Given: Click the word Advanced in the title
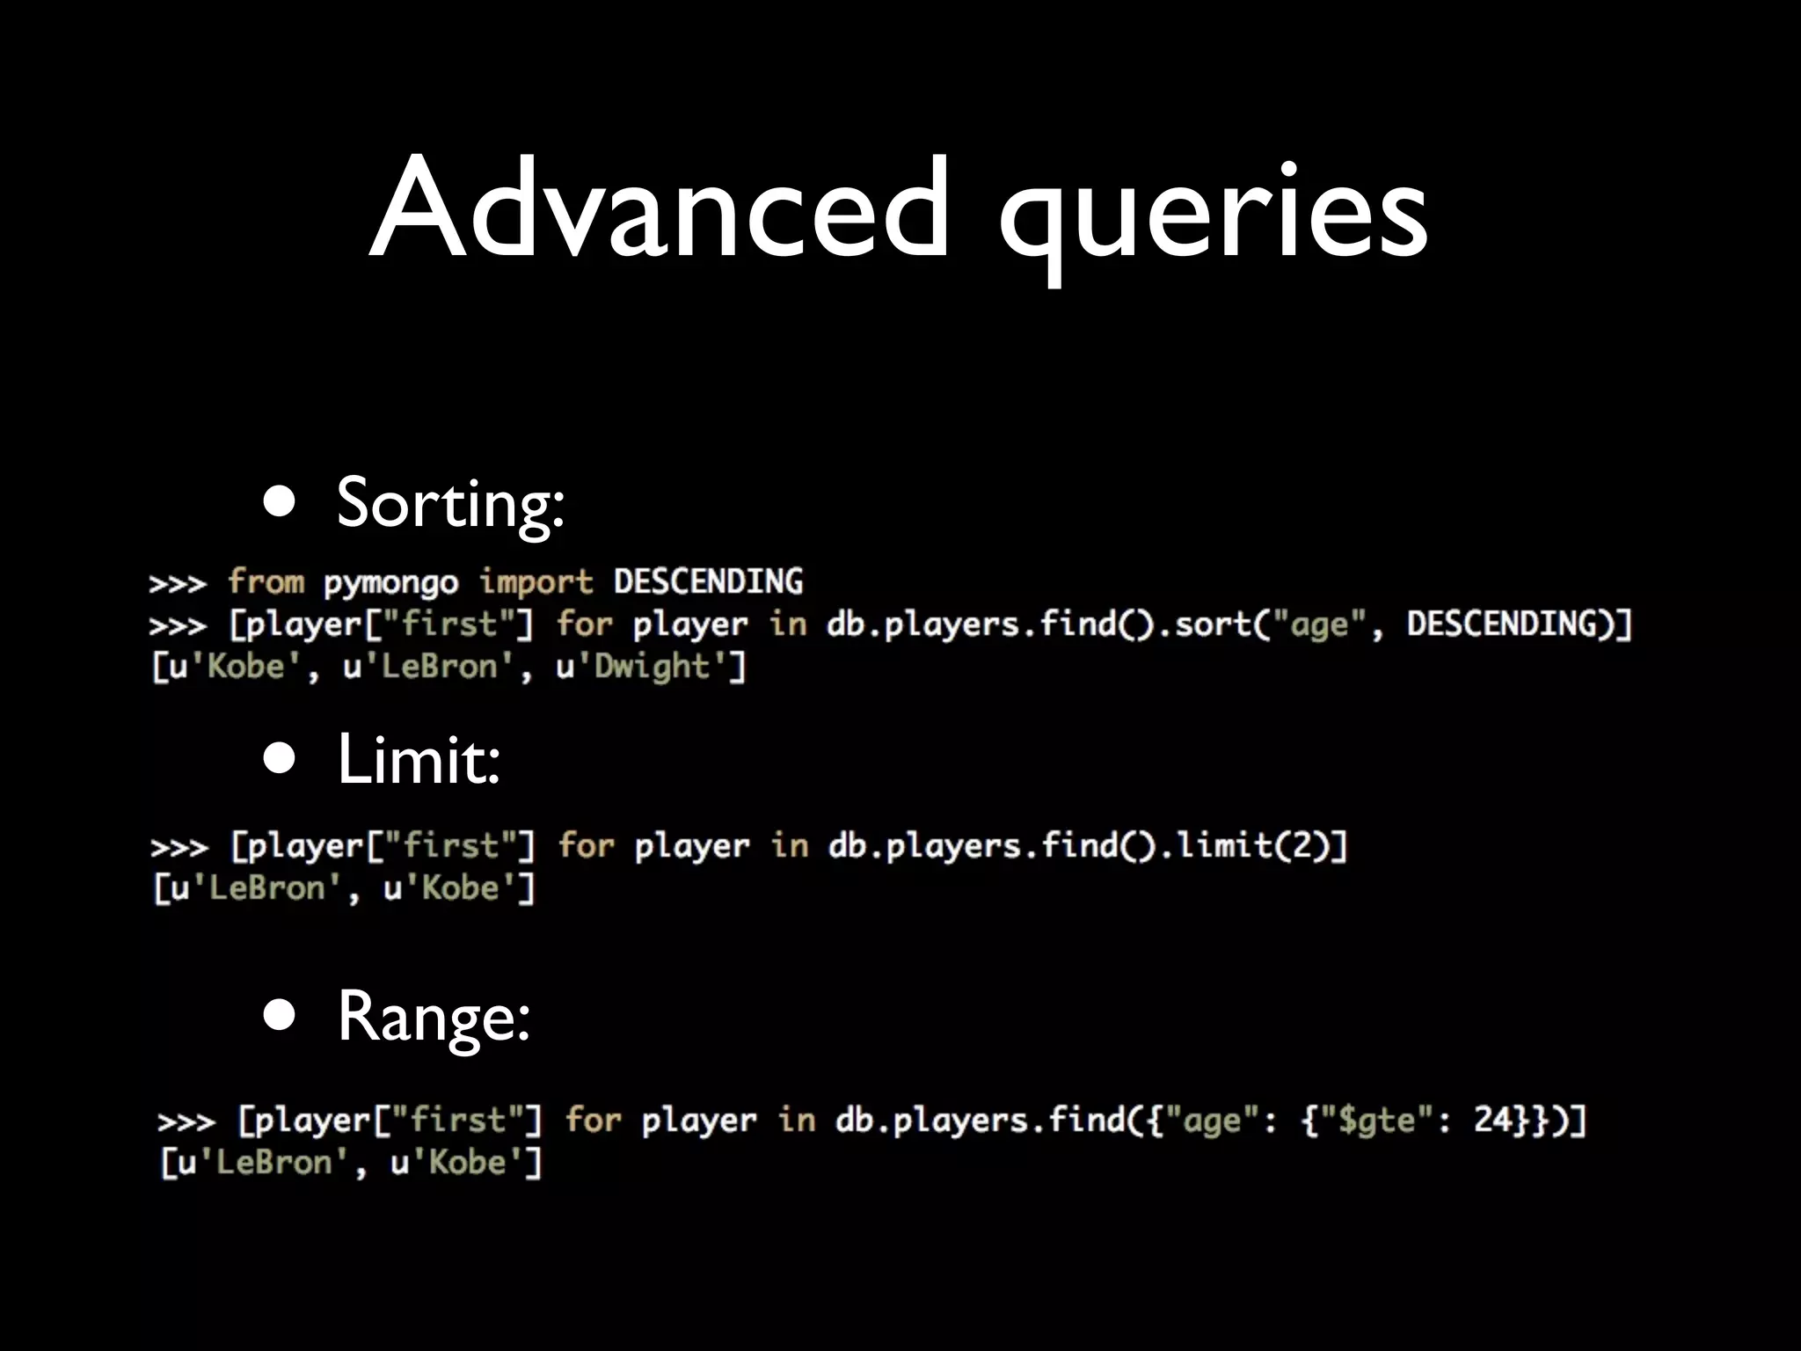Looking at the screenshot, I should point(660,209).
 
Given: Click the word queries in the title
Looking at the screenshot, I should point(1214,215).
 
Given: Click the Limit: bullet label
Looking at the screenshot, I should point(419,760).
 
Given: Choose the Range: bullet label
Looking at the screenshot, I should point(434,1018).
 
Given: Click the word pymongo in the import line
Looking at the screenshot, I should point(390,583).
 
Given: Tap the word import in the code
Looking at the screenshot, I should point(536,582).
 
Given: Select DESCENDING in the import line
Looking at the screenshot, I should point(708,581).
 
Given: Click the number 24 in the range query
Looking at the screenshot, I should point(1492,1120).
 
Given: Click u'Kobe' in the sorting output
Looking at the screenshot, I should point(235,667).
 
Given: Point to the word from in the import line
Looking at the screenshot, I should point(266,582).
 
